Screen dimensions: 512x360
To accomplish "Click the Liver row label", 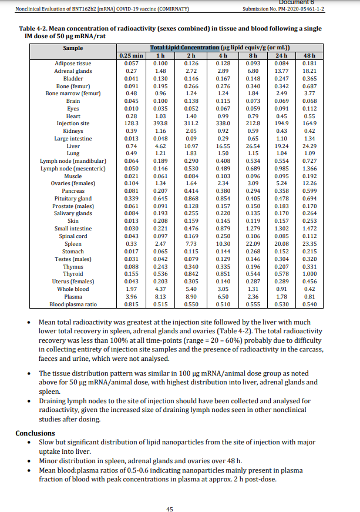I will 73,146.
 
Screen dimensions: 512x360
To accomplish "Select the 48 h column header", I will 309,55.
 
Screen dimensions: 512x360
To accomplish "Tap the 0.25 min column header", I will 132,55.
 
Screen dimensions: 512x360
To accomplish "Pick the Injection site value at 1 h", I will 160,123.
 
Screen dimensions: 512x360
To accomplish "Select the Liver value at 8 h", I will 253,146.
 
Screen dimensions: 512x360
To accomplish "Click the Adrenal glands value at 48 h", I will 309,71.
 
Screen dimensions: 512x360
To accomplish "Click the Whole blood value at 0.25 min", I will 132,289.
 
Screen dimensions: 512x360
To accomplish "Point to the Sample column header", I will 73,48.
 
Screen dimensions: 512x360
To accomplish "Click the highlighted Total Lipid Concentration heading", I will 185,47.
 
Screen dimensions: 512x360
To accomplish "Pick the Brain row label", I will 73,101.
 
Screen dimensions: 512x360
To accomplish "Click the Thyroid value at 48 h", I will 309,273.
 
